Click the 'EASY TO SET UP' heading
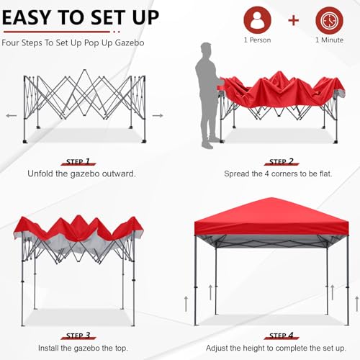pos(81,17)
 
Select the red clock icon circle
pos(328,20)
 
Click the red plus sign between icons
pos(294,19)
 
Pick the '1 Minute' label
pos(328,40)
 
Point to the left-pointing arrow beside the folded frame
pos(11,115)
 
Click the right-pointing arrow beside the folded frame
pos(158,115)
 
